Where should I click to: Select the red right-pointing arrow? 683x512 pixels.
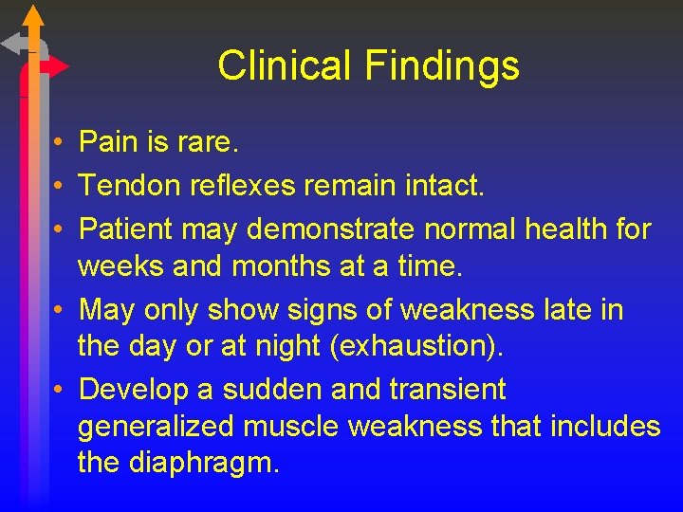(x=55, y=66)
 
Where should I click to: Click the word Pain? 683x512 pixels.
(x=109, y=143)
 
